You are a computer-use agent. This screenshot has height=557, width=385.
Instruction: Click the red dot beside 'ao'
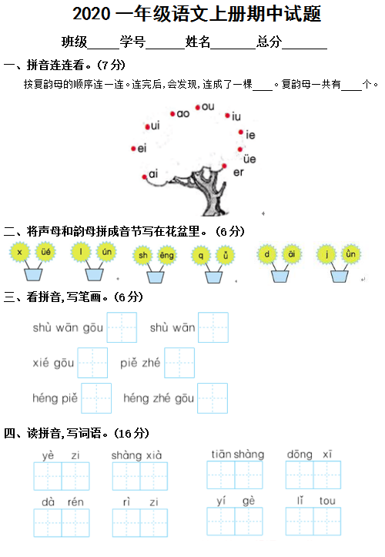pos(172,114)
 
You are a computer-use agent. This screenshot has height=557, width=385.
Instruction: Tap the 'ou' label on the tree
pos(208,106)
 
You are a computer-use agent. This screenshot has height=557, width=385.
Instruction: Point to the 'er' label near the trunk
pos(239,173)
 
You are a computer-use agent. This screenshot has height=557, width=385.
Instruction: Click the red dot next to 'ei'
pos(133,149)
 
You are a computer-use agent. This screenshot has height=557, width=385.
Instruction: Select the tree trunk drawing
pos(208,192)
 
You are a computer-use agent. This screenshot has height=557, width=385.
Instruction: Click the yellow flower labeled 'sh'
pos(142,255)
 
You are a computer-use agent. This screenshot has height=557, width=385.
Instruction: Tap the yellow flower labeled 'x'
pos(19,252)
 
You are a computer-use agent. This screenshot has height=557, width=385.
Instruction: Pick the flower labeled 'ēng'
pos(166,255)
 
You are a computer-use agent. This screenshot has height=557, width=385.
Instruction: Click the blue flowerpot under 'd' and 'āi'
pos(280,277)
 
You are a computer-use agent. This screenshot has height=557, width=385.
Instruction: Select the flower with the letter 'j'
pos(326,254)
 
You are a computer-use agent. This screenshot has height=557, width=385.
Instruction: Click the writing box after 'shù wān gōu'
pos(122,327)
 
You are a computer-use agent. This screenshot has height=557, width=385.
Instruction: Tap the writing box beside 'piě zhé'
pos(179,363)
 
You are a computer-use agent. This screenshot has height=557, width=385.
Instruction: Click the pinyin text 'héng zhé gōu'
pos(159,398)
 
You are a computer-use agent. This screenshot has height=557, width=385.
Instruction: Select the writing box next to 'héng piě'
pos(96,398)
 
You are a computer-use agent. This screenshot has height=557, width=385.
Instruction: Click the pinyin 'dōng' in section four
pos(300,455)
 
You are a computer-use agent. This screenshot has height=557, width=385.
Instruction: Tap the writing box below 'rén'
pos(75,522)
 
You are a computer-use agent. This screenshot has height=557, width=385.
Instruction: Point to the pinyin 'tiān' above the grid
pos(221,455)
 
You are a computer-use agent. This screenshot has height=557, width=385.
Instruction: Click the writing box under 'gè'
pos(249,521)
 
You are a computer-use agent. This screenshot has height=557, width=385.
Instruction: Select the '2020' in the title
pos(92,14)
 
